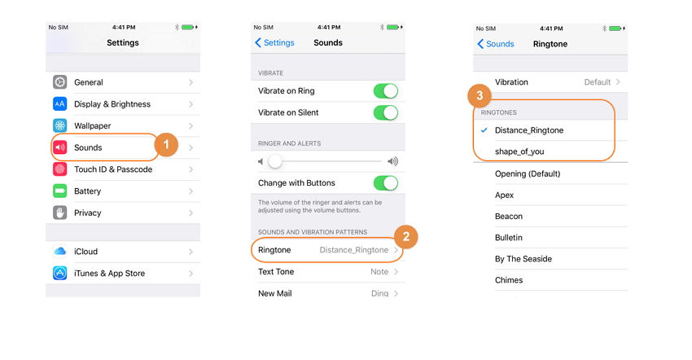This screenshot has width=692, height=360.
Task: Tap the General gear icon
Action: [x=60, y=82]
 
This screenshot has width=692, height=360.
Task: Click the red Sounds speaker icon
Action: [x=60, y=147]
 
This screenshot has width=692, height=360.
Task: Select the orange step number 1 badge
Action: [x=166, y=144]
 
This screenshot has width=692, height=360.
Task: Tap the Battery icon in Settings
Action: [x=60, y=191]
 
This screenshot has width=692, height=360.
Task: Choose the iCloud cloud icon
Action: [x=60, y=252]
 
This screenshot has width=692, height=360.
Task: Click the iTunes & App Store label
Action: [x=109, y=274]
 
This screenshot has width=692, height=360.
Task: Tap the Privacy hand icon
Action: [x=60, y=213]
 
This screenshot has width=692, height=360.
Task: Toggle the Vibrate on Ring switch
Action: [x=386, y=91]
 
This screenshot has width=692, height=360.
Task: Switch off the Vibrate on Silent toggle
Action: [x=386, y=112]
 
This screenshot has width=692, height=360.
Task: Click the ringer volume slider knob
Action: [x=275, y=161]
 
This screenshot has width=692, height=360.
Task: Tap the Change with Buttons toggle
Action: [x=386, y=183]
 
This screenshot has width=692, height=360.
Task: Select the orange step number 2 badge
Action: [x=406, y=237]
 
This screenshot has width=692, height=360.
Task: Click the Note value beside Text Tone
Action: [x=379, y=272]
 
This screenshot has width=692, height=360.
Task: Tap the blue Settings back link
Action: [x=274, y=43]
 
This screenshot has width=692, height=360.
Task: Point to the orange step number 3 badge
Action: [x=480, y=96]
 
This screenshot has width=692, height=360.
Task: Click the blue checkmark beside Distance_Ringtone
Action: [x=484, y=130]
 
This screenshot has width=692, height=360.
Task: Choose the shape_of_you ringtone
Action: [x=519, y=151]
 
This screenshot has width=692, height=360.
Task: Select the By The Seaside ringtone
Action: [x=523, y=259]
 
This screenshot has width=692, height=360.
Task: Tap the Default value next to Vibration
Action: [x=598, y=82]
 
